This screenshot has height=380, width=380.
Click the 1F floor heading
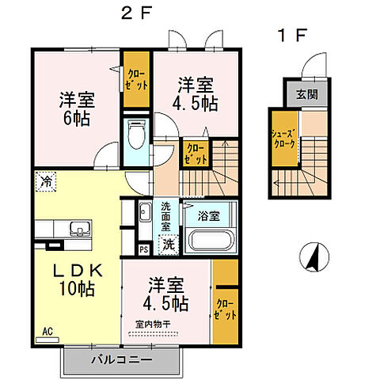point(291,35)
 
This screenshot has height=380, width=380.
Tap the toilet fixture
point(135,136)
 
